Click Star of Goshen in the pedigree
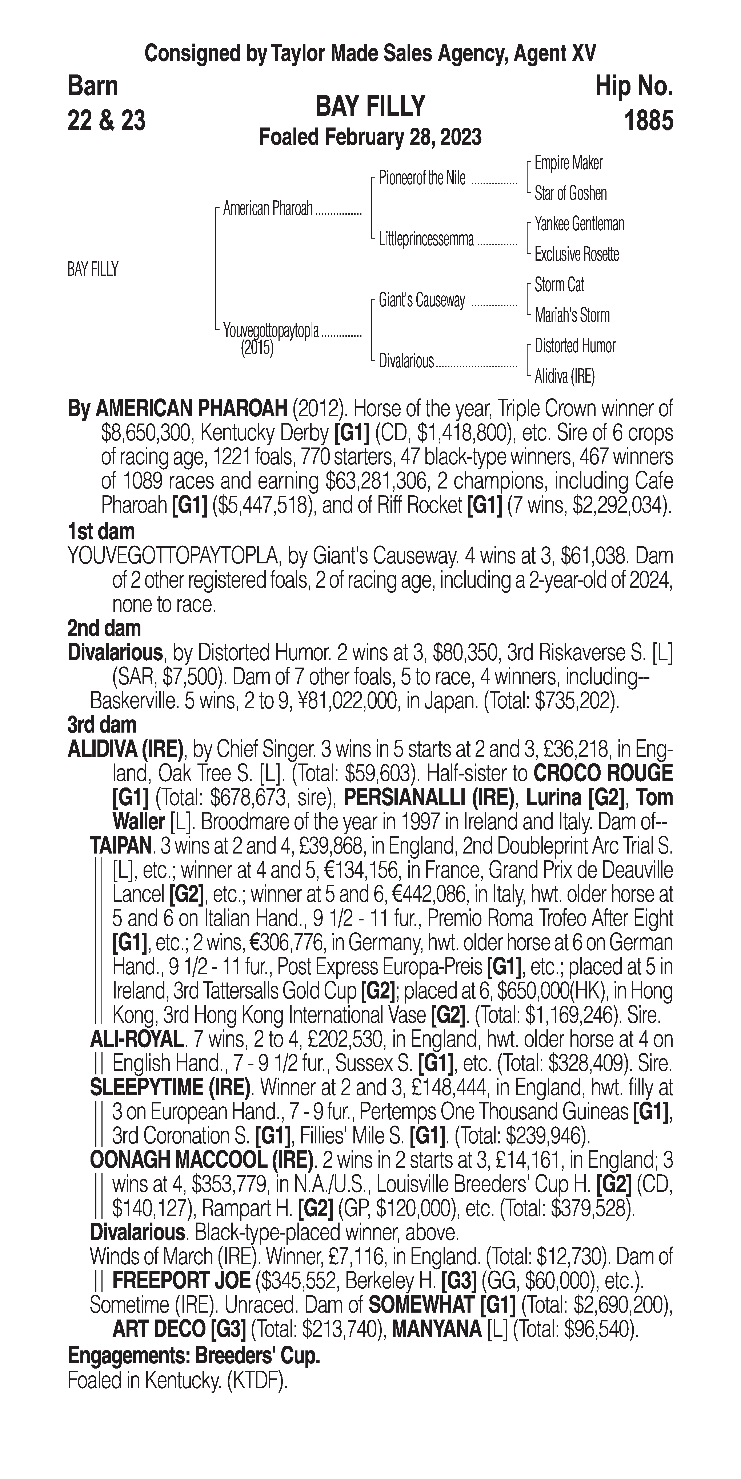[x=570, y=194]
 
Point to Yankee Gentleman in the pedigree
[x=579, y=224]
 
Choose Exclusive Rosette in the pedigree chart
[x=577, y=254]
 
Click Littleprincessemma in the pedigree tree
[x=426, y=239]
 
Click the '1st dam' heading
[x=101, y=531]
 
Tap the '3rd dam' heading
[x=102, y=725]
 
